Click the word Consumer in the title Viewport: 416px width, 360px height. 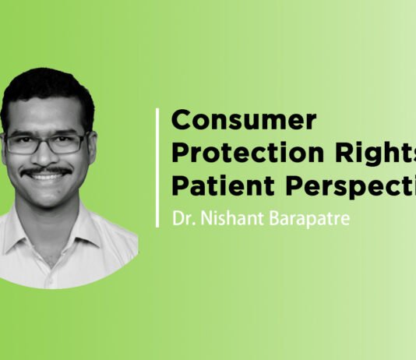(244, 121)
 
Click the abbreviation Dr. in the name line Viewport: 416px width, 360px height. (182, 217)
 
